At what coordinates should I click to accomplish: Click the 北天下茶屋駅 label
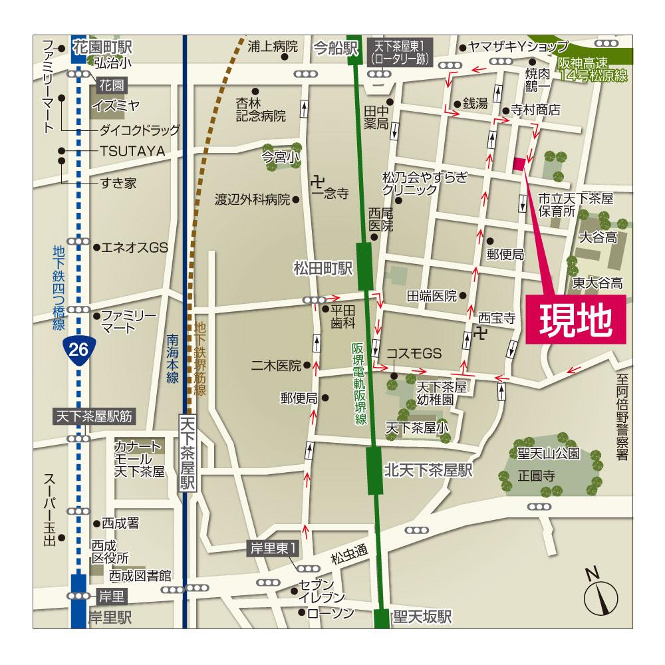(428, 470)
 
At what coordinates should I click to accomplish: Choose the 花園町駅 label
(103, 48)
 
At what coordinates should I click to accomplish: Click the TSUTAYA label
(132, 151)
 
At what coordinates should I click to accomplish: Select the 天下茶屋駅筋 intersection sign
(94, 417)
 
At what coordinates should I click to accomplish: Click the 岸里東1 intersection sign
(274, 547)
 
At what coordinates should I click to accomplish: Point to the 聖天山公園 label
(549, 454)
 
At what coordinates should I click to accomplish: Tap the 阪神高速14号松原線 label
(593, 70)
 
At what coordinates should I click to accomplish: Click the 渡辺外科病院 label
(253, 199)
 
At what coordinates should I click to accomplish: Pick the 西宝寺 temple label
(497, 319)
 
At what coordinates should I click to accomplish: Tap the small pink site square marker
(519, 164)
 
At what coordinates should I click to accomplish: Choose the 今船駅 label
(335, 48)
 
